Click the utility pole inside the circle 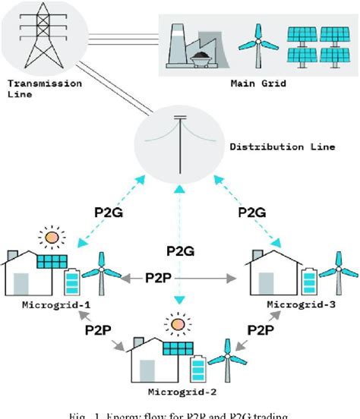pyautogui.click(x=180, y=141)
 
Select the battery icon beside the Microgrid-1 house pyautogui.click(x=72, y=283)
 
